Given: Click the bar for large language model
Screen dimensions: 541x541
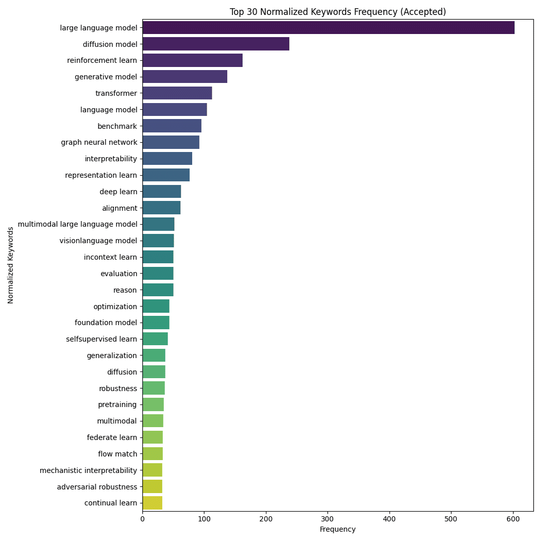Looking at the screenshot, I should (x=328, y=28).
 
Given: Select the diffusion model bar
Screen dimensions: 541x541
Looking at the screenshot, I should (x=216, y=44).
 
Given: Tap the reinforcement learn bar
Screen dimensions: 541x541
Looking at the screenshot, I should (x=192, y=60).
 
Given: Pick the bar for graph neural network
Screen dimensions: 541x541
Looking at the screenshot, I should (x=171, y=142).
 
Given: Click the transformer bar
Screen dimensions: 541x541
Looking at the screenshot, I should (x=177, y=93).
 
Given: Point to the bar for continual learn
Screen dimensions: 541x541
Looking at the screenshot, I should (x=153, y=503).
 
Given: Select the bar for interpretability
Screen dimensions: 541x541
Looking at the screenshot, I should (x=167, y=159).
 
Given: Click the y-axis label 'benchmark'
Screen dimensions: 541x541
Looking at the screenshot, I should (x=117, y=126).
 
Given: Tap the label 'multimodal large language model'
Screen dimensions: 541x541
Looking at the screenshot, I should (x=77, y=224).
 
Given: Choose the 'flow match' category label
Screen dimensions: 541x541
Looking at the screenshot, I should (x=117, y=454).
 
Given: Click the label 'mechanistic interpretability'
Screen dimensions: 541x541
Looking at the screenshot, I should (x=88, y=470).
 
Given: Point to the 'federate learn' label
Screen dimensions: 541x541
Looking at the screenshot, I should (x=112, y=437).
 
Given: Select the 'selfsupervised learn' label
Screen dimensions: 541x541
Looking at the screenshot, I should (x=102, y=339).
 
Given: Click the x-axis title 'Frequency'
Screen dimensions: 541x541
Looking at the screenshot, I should (x=337, y=530).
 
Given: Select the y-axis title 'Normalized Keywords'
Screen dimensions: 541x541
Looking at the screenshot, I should (x=11, y=265).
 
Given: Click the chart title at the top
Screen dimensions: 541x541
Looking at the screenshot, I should (x=337, y=12).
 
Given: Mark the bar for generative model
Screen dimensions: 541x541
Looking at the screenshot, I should (x=184, y=77).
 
